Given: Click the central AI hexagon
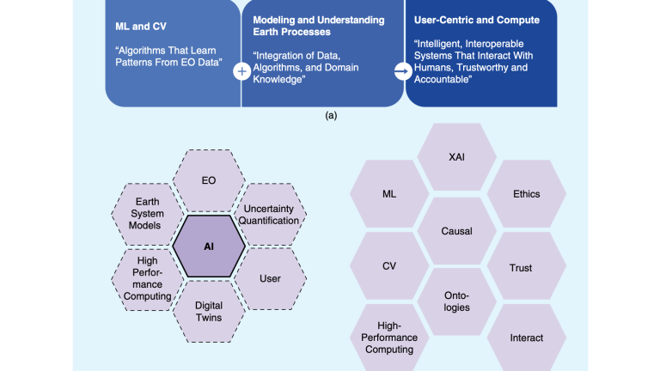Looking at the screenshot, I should [209, 246].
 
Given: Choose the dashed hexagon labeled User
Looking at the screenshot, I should [270, 278].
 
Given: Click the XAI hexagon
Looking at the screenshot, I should [456, 158].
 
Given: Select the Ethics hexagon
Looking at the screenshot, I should [526, 194].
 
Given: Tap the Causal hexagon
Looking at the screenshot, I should [456, 231].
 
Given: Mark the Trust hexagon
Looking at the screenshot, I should [521, 268].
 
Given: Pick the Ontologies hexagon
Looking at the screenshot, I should [456, 301].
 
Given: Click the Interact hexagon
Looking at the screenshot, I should [526, 338].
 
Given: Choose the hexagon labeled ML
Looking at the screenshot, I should [388, 194].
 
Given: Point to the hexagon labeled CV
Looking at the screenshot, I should [388, 266].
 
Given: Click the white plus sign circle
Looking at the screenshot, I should [241, 72].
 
